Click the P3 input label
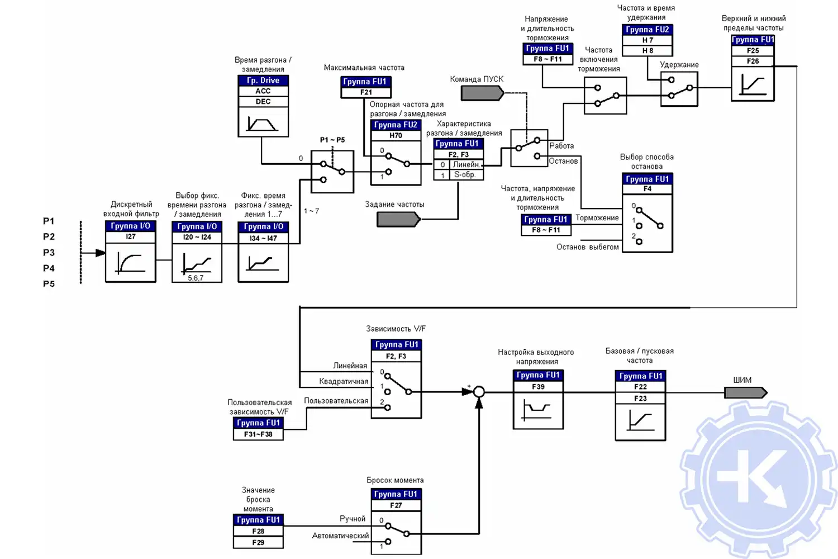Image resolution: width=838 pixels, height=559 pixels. point(49,253)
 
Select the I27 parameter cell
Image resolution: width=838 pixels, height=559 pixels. point(131,236)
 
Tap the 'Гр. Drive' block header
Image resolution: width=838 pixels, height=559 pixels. point(263,80)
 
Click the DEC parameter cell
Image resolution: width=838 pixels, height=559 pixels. point(263,102)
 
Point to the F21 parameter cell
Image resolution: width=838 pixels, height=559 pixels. point(366,92)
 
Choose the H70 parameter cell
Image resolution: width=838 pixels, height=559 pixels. point(396,135)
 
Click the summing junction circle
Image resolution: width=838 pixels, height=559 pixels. point(479,392)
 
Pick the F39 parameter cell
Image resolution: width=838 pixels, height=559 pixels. point(538,386)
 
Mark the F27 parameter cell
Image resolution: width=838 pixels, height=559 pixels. point(396,505)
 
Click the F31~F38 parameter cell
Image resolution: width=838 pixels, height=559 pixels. point(258,434)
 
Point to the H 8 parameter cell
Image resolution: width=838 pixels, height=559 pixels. point(647,50)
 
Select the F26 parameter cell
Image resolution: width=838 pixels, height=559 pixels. point(753,61)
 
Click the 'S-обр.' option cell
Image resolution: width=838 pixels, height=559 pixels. point(465,175)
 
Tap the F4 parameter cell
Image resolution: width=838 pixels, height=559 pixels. point(647,189)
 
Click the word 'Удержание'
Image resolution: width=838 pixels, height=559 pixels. point(679,65)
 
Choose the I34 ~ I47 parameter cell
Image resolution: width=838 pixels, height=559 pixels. point(263,238)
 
